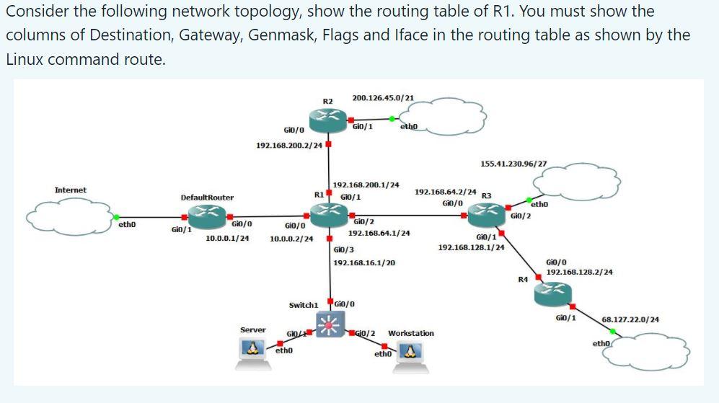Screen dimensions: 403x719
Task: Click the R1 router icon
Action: [x=329, y=213]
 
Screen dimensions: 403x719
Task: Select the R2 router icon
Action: [x=329, y=117]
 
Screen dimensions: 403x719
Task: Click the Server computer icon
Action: [x=253, y=350]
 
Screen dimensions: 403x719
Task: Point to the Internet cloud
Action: [x=69, y=215]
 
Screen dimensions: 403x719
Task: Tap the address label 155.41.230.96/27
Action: [x=513, y=164]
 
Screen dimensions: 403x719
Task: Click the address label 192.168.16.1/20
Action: [x=363, y=263]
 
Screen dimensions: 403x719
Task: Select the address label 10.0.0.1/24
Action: [x=227, y=238]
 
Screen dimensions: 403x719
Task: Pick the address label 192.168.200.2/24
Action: [x=289, y=146]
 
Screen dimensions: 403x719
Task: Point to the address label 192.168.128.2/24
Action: [x=579, y=272]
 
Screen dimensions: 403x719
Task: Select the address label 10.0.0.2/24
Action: [x=291, y=239]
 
